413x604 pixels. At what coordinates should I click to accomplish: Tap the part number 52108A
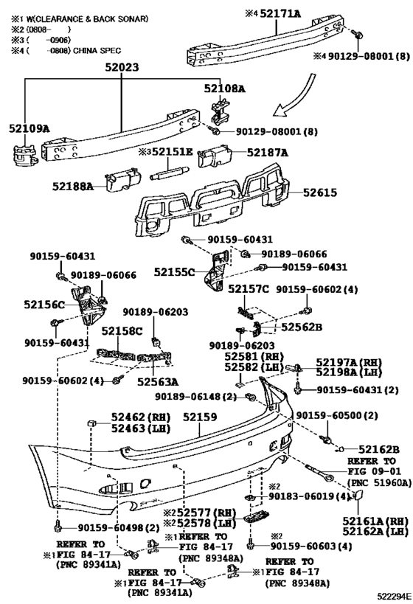pos(225,88)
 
